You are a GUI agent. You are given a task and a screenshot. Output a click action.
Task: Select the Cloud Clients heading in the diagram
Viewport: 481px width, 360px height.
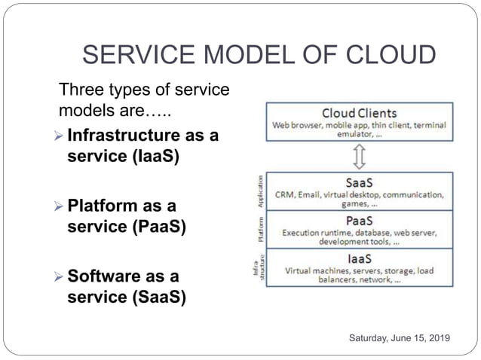click(359, 112)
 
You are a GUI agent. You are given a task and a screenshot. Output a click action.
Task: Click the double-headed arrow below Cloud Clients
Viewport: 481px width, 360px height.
click(360, 157)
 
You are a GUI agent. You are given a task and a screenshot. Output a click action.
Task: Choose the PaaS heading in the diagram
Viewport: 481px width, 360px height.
click(360, 221)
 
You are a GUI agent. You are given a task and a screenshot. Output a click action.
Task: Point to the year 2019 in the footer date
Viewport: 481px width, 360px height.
click(437, 340)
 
